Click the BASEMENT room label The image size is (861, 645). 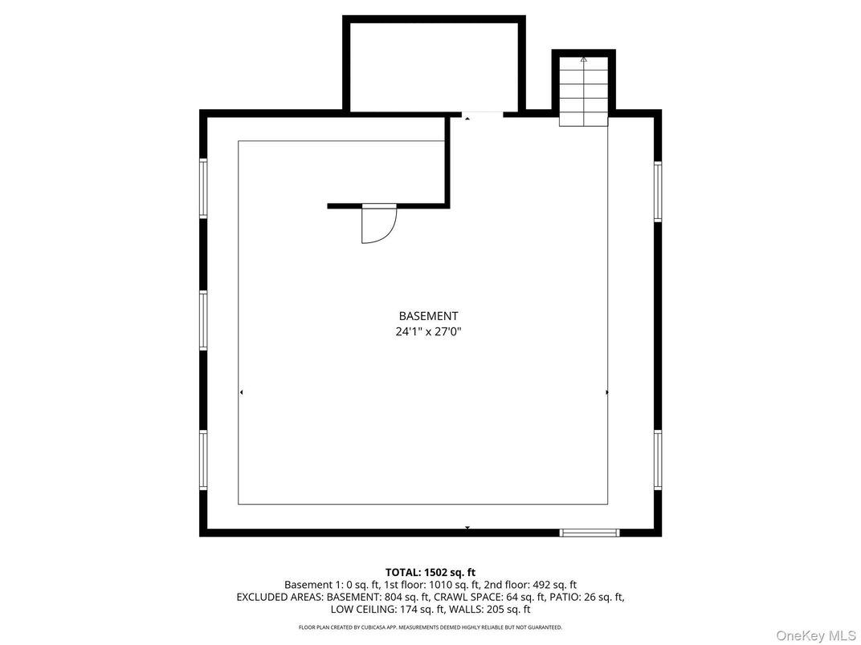coord(428,316)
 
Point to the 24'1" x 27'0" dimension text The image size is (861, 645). coord(428,331)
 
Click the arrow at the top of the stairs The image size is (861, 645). coord(584,59)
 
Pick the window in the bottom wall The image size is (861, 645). coord(590,532)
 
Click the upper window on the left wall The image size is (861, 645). coord(203,189)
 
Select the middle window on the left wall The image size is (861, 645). coord(203,320)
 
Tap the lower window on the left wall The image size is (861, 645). coord(203,460)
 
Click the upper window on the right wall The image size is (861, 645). coord(658,191)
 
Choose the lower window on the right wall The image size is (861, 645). coord(658,460)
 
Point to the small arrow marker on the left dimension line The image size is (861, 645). coord(241,392)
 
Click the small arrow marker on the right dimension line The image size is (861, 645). coord(606,392)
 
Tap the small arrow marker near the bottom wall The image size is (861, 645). coord(467,527)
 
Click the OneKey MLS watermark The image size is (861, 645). coord(816,635)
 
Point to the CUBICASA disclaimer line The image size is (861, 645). coord(430,627)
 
